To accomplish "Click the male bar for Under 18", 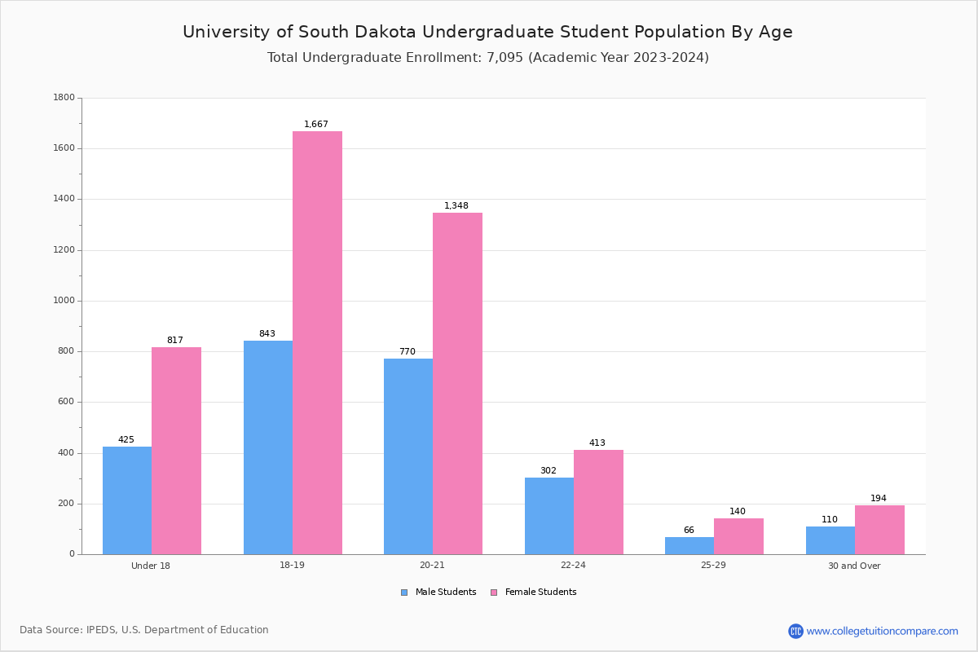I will click(x=127, y=500).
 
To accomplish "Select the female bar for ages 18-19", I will click(x=317, y=342).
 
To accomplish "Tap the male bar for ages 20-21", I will click(x=408, y=456).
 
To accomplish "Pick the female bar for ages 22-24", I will click(x=598, y=502).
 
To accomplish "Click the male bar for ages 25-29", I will click(x=689, y=545).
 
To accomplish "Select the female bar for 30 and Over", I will click(x=879, y=530).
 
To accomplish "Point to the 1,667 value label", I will click(x=316, y=125).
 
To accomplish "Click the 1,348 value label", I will click(x=456, y=206).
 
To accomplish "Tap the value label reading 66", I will click(x=689, y=531).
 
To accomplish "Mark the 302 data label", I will click(x=548, y=471).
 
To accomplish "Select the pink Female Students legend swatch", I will click(x=494, y=593).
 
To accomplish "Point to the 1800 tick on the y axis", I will click(x=64, y=98).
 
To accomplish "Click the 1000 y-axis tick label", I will click(x=64, y=301).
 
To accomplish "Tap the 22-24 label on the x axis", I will click(x=573, y=566).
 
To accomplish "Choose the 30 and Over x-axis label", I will click(x=854, y=566).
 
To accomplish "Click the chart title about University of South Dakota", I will click(x=487, y=33).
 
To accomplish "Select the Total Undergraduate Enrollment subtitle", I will click(x=487, y=58).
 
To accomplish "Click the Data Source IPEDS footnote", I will click(x=144, y=630).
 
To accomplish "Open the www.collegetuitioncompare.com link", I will click(x=882, y=631).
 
